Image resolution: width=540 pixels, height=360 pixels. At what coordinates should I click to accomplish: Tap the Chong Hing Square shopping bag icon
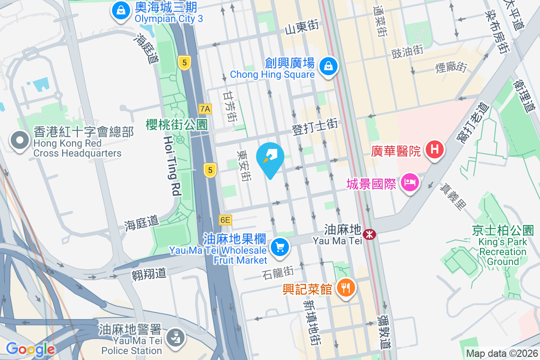pyautogui.click(x=329, y=67)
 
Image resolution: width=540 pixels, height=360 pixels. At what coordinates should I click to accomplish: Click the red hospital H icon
pyautogui.click(x=434, y=149)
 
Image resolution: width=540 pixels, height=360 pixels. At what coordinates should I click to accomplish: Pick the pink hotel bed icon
pyautogui.click(x=410, y=183)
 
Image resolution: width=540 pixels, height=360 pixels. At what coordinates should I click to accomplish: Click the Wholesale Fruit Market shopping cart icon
pyautogui.click(x=280, y=247)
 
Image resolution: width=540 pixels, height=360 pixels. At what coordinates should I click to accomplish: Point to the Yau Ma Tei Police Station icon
pyautogui.click(x=173, y=336)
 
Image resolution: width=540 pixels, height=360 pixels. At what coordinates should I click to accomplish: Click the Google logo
pyautogui.click(x=30, y=349)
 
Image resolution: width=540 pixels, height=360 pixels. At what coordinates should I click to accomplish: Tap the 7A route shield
pyautogui.click(x=205, y=108)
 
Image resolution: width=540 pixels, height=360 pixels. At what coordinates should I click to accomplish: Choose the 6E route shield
pyautogui.click(x=225, y=220)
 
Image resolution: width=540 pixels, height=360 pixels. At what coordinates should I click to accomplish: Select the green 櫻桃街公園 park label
pyautogui.click(x=176, y=125)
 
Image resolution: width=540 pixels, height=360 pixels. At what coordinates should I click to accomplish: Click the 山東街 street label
pyautogui.click(x=301, y=27)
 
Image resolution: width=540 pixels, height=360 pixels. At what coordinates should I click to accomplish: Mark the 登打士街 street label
pyautogui.click(x=315, y=126)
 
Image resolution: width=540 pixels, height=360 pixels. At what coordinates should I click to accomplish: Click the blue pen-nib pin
pyautogui.click(x=270, y=157)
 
